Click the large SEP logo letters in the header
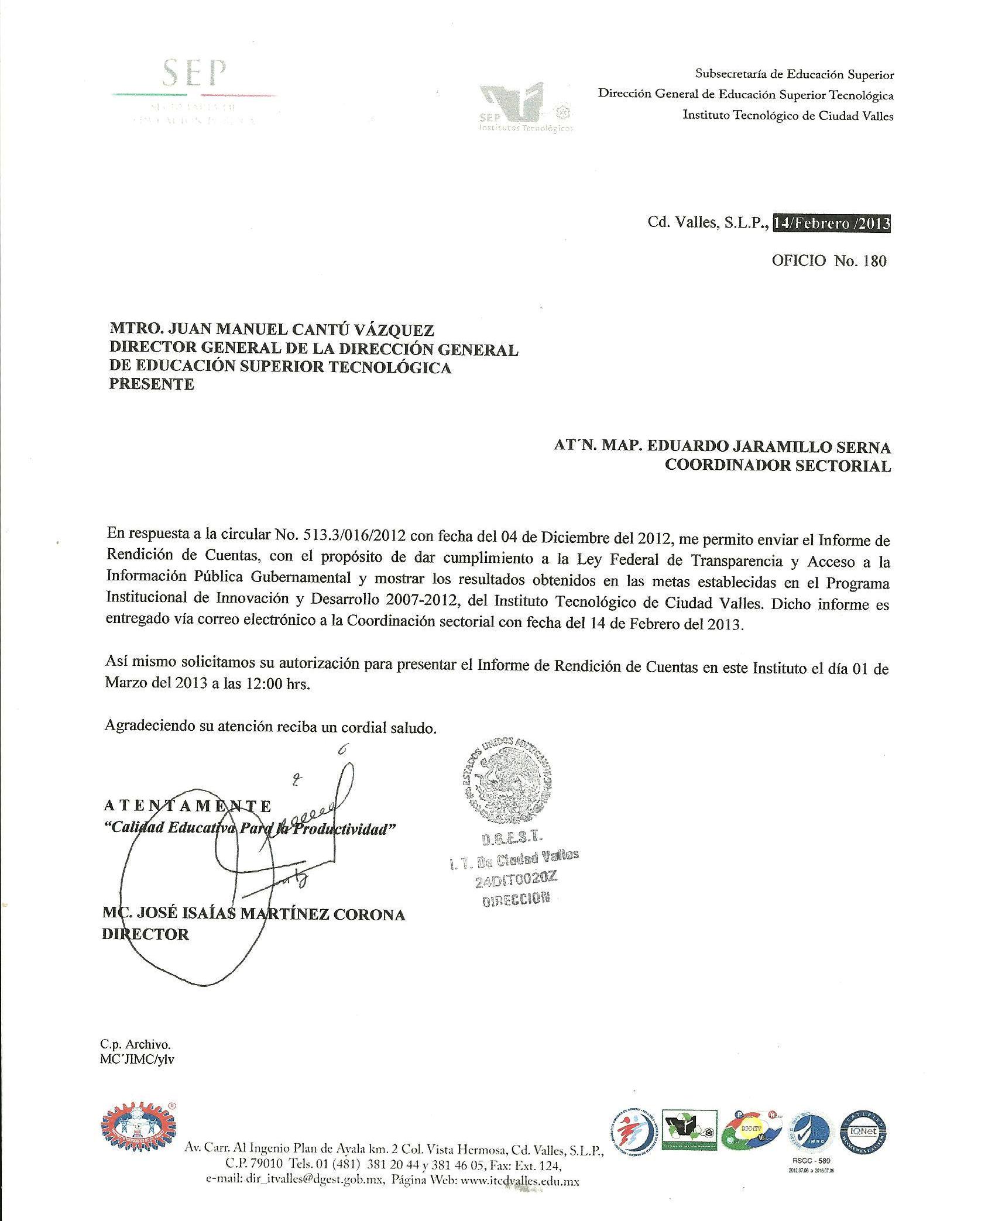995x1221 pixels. pos(194,74)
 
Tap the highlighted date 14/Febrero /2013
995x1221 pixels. pos(832,223)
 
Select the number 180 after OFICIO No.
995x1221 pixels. pos(875,261)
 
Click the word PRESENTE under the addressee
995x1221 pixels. pos(152,384)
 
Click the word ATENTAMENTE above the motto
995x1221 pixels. pos(187,806)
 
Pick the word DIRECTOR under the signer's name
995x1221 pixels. pos(146,934)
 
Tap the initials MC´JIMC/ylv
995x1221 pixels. pos(137,1060)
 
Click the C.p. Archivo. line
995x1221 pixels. pos(135,1044)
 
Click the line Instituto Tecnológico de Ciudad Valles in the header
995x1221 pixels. pos(788,115)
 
